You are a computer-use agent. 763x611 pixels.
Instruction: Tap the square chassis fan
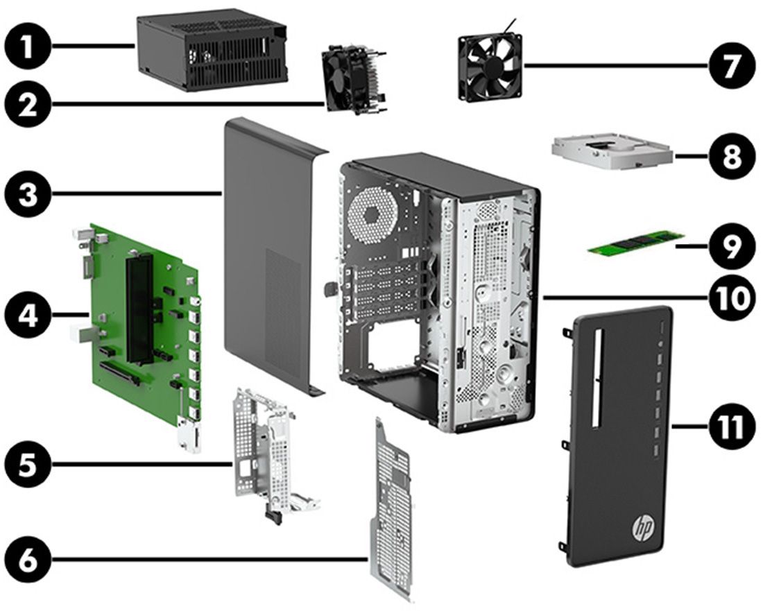pos(490,68)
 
